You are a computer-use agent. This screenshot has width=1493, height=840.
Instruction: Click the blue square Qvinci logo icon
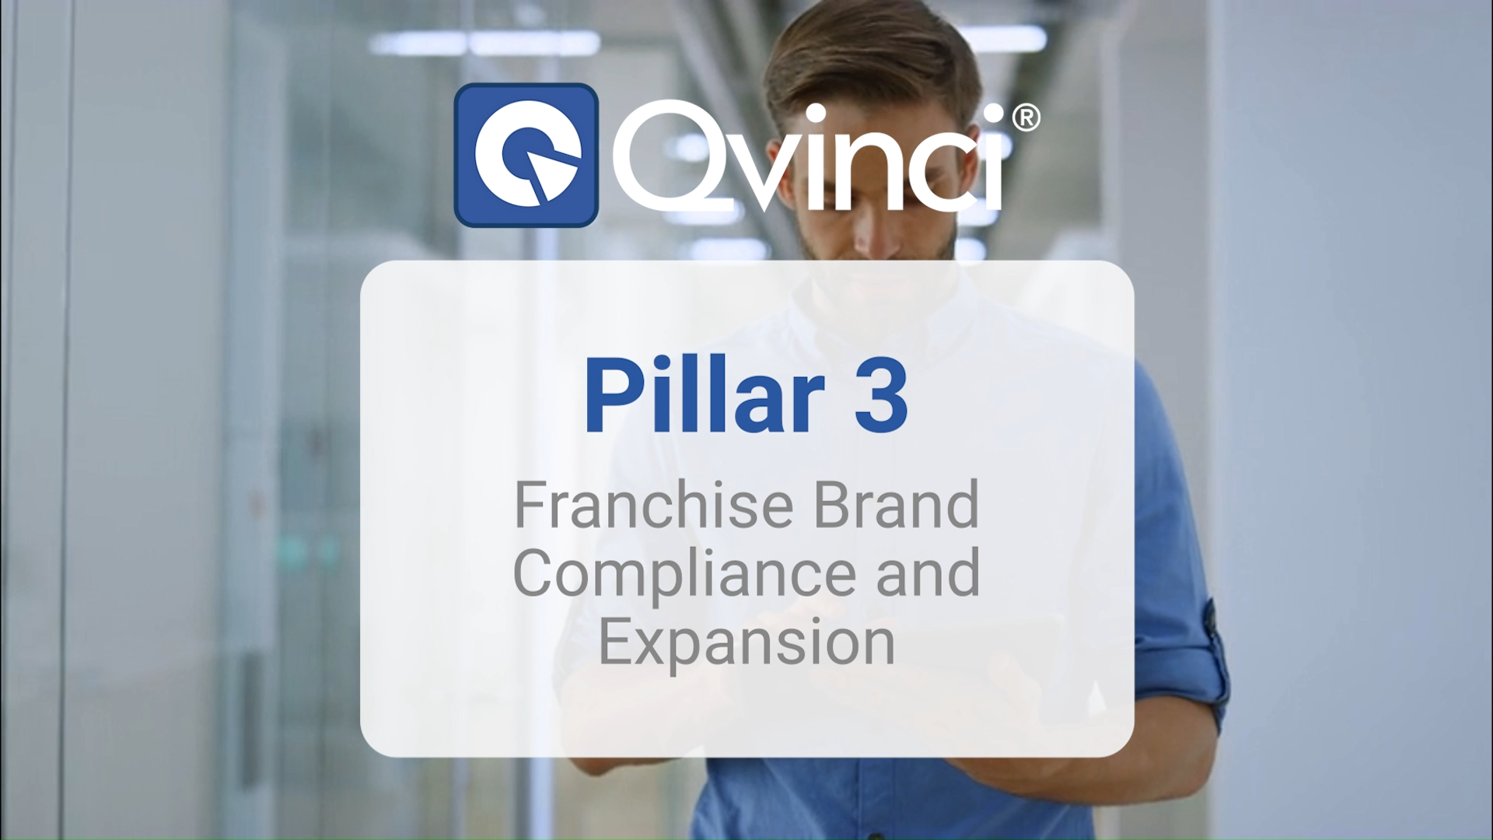pyautogui.click(x=526, y=155)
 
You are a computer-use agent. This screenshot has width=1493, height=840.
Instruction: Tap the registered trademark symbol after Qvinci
pyautogui.click(x=1026, y=118)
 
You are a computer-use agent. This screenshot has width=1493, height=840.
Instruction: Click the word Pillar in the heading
pyautogui.click(x=704, y=394)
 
